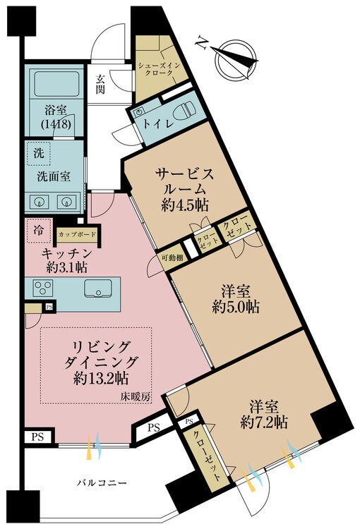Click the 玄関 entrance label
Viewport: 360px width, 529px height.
tap(100, 84)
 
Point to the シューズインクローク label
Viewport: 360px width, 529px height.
tap(159, 69)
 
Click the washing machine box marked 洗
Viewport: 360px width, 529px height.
tap(39, 154)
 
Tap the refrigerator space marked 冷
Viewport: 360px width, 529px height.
tap(39, 231)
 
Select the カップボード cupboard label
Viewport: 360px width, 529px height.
tap(78, 234)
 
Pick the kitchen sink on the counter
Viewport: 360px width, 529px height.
tap(98, 288)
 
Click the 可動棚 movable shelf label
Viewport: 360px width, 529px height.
tap(172, 258)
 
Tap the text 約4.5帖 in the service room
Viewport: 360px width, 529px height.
tap(185, 205)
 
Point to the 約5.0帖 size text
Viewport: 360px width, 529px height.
tap(236, 307)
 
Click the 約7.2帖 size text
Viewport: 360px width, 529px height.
tap(264, 422)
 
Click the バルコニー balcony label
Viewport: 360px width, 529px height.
tap(102, 482)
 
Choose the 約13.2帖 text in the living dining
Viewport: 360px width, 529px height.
tap(101, 379)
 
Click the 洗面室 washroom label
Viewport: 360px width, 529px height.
tap(54, 176)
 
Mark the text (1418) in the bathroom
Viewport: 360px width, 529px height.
tap(56, 124)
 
